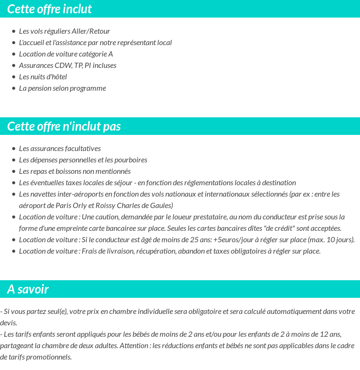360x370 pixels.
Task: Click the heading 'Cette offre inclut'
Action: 49,9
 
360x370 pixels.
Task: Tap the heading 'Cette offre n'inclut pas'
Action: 64,126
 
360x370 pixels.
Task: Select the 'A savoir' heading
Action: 28,289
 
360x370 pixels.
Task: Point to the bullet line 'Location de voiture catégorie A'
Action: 66,54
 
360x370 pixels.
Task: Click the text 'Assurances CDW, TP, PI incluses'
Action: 67,66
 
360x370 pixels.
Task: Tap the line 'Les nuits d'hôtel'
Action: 43,77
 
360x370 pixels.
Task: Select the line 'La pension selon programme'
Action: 62,88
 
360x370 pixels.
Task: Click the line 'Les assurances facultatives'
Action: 60,149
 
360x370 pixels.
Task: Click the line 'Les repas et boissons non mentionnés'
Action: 75,171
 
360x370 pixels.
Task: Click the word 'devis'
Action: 8,323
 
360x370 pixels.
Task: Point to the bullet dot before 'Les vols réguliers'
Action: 14,32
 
